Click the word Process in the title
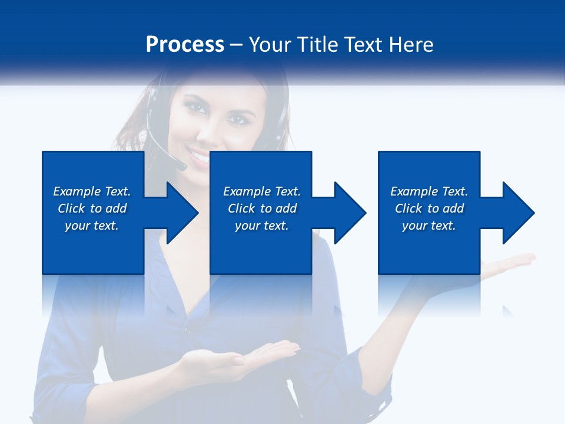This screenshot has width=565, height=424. [x=185, y=45]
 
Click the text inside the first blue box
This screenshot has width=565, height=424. [x=92, y=208]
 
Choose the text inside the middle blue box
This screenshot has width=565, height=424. [x=262, y=208]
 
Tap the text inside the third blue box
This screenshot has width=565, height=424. [x=429, y=208]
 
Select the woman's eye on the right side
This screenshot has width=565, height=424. [x=237, y=119]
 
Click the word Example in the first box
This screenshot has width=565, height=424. [x=77, y=191]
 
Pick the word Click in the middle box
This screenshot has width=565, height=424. [x=241, y=208]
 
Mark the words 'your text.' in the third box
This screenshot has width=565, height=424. [x=429, y=226]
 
